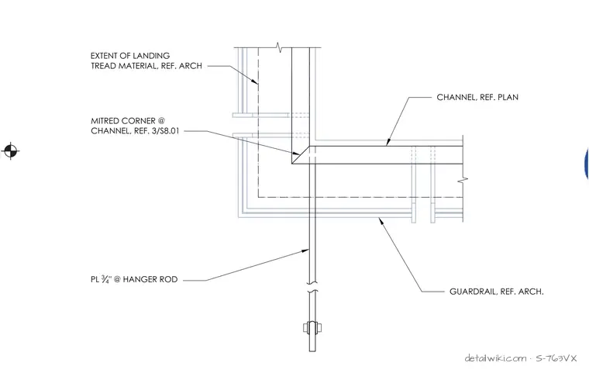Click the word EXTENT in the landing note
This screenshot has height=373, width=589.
pyautogui.click(x=104, y=56)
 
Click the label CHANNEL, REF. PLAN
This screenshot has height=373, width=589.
pyautogui.click(x=477, y=98)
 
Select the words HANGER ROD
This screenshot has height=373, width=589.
pyautogui.click(x=150, y=279)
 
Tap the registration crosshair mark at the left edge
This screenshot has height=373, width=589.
pyautogui.click(x=11, y=151)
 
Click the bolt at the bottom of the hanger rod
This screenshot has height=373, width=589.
pyautogui.click(x=312, y=327)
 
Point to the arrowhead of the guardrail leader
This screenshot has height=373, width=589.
pyautogui.click(x=381, y=221)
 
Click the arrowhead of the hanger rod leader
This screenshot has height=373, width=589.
pyautogui.click(x=305, y=250)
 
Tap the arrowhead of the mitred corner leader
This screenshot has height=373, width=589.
pyautogui.click(x=296, y=153)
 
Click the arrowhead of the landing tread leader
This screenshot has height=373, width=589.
pyautogui.click(x=255, y=81)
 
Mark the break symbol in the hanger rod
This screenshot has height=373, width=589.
pyautogui.click(x=312, y=287)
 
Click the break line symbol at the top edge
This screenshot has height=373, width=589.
pyautogui.click(x=279, y=47)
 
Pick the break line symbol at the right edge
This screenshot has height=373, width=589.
pyautogui.click(x=463, y=180)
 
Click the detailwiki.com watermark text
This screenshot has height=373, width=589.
pyautogui.click(x=495, y=358)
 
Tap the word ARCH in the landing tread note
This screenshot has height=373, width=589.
pyautogui.click(x=191, y=66)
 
